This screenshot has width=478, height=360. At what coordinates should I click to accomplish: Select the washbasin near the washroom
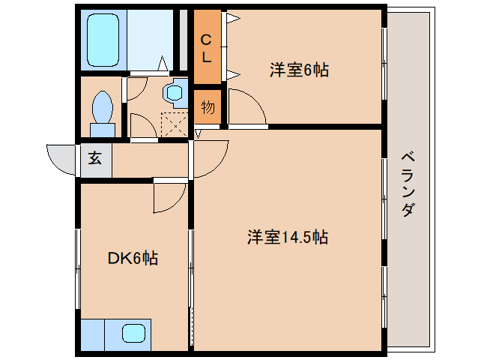point(175,93)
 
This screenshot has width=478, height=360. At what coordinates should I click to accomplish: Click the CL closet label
point(208,46)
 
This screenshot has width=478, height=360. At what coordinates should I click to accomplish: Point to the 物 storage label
point(208,107)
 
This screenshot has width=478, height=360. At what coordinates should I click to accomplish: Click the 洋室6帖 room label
point(299,71)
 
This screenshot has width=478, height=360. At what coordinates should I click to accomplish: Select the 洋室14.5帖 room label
point(288,238)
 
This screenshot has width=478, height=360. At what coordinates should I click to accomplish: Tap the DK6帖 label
point(133,258)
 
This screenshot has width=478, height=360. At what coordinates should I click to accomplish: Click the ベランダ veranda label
point(408,184)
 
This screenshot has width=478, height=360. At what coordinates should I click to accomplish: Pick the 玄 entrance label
point(96,160)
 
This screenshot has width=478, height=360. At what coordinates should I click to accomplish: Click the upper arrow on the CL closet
point(233,18)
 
